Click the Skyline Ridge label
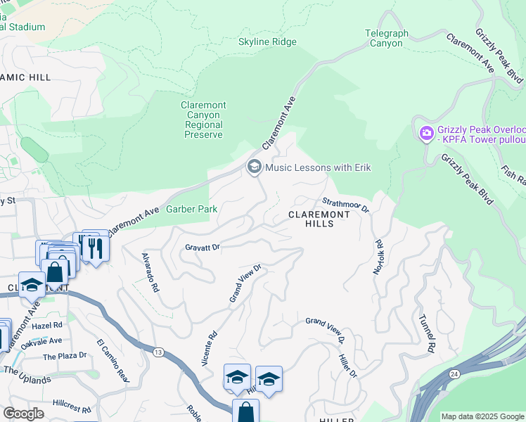267,42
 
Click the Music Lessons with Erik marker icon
254,167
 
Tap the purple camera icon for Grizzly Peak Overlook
426,133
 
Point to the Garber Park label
191,209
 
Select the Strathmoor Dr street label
346,204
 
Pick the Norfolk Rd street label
379,257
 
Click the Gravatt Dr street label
203,247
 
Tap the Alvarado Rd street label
150,273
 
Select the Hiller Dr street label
348,361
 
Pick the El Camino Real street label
113,361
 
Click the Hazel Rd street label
47,326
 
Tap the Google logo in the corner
23,414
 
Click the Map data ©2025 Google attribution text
482,416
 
